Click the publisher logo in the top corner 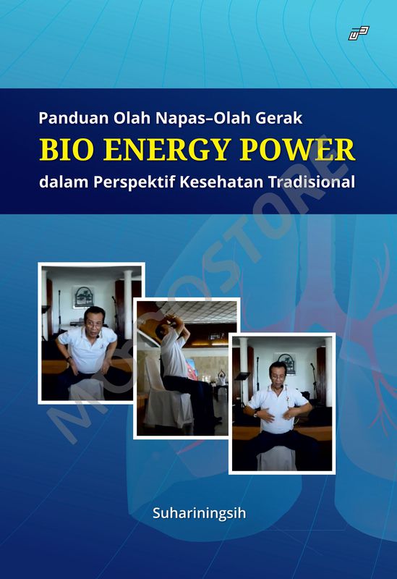[x=359, y=33]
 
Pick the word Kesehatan [x=224, y=182]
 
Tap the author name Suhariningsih [x=198, y=515]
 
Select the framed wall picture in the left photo [x=84, y=296]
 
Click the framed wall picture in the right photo [x=286, y=362]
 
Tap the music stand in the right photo [x=242, y=378]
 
